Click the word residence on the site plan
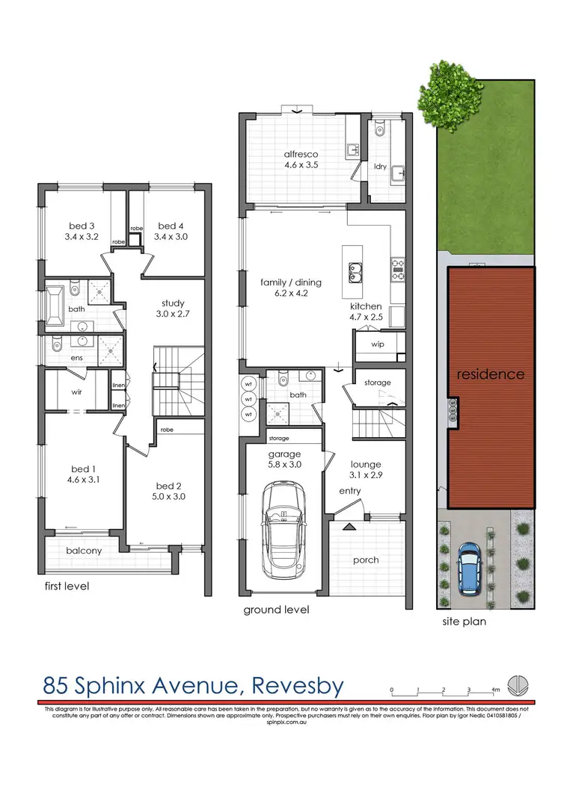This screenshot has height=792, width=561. pos(491,374)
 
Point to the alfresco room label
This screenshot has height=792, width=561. pos(301,155)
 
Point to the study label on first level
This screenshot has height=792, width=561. pos(173,303)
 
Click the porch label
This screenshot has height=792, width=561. pos(366,560)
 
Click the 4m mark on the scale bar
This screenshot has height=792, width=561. pos(495,690)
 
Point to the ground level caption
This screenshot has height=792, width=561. pos(276,610)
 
